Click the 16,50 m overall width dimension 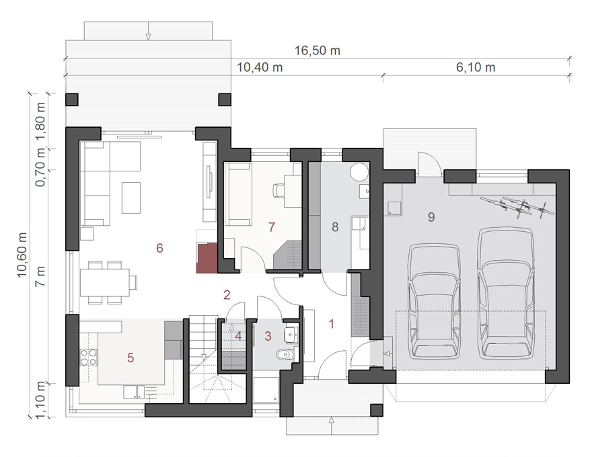[317, 50]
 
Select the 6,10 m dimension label [476, 67]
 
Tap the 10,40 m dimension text [260, 67]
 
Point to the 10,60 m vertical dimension [22, 255]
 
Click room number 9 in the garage [431, 217]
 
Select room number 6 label [159, 248]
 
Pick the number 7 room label [272, 227]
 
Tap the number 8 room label [335, 227]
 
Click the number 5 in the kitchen [131, 358]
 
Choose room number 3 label [268, 336]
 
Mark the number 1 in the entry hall [332, 324]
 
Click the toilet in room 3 [285, 355]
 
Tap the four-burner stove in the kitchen [88, 358]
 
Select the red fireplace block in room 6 [207, 258]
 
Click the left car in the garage [435, 301]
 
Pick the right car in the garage [507, 294]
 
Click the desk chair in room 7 [278, 190]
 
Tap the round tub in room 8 [359, 172]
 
